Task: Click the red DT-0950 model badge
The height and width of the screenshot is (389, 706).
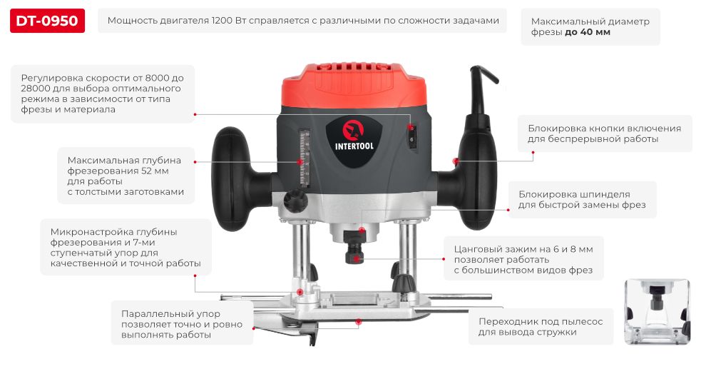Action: point(47,21)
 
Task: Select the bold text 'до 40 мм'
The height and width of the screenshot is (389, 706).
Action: point(588,32)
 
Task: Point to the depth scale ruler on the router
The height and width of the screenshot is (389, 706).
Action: point(305,158)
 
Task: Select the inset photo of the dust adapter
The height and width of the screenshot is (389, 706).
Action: point(657,311)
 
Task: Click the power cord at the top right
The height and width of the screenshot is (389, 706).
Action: point(481,89)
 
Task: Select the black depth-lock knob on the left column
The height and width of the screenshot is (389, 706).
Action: point(295,201)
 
